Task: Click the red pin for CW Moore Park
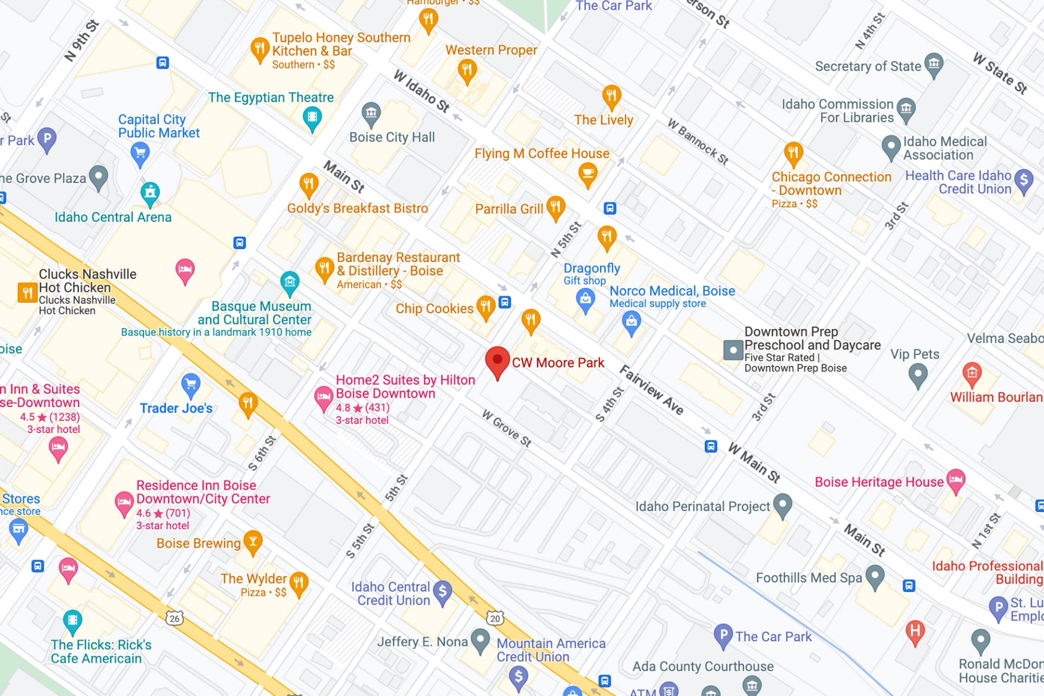click(497, 361)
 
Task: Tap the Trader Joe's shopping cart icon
click(190, 385)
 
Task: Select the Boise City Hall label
click(391, 137)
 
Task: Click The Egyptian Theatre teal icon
click(312, 117)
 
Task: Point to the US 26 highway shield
click(175, 618)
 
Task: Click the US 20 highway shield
click(495, 618)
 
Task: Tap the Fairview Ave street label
click(651, 390)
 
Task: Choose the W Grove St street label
click(506, 428)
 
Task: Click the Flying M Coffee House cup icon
click(587, 174)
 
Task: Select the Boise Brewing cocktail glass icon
click(253, 541)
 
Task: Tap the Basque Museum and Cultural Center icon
click(290, 282)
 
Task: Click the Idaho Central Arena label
click(113, 217)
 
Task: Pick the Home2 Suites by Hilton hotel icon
click(324, 397)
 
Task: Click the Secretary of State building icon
click(934, 64)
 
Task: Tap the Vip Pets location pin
click(918, 374)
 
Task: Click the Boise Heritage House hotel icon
click(955, 480)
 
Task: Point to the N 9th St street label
click(82, 41)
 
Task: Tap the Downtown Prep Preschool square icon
click(733, 350)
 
